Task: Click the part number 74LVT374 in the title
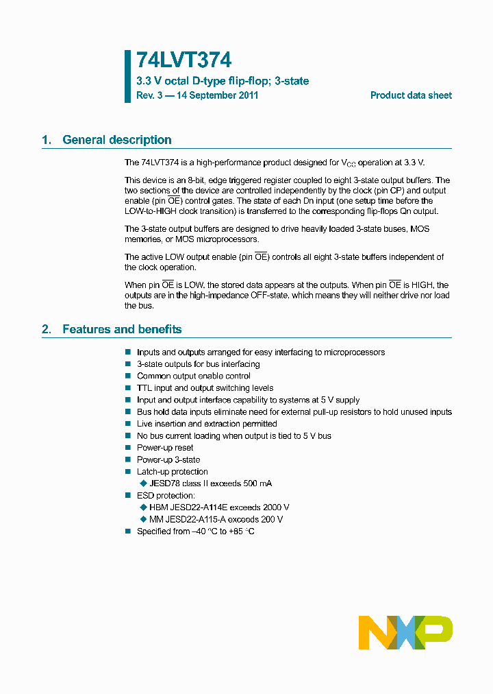(x=184, y=61)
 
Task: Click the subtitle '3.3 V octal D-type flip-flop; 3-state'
(x=223, y=81)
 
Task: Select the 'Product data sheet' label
(x=411, y=96)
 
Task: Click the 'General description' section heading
(x=116, y=140)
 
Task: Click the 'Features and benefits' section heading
(x=122, y=330)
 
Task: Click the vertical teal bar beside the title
(x=127, y=76)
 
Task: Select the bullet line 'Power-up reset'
(x=165, y=448)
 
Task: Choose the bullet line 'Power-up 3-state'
(x=168, y=460)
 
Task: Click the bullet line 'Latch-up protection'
(x=172, y=472)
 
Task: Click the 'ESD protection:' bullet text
(x=166, y=496)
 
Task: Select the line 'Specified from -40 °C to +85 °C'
(x=196, y=531)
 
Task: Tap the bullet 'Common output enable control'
(x=193, y=376)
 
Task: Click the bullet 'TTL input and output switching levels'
(x=205, y=388)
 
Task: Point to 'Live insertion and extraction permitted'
(x=207, y=424)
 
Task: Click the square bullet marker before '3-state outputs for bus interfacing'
(x=127, y=364)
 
